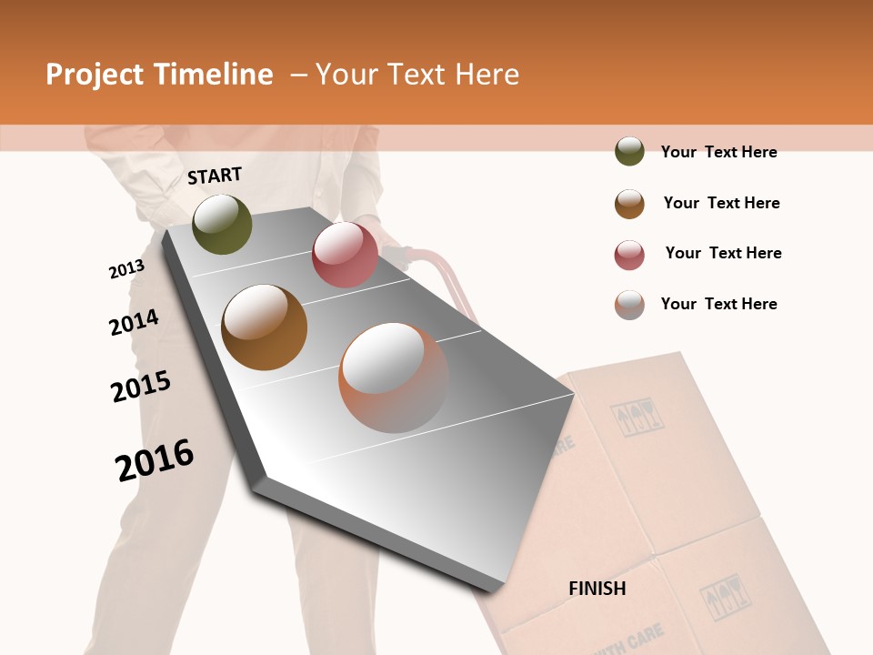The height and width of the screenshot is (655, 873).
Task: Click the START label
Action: [215, 176]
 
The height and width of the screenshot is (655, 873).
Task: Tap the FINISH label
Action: [597, 589]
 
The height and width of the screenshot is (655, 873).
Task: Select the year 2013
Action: [126, 269]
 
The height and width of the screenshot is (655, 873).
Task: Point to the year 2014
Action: [134, 322]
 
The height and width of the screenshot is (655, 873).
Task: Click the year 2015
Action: [141, 387]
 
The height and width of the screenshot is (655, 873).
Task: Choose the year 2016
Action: [155, 459]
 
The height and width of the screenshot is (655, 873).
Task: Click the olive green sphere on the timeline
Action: [223, 224]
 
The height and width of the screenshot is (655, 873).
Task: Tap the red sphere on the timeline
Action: [345, 255]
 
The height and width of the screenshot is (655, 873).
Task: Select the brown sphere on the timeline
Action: [265, 327]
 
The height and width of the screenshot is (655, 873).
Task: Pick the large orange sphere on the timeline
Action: [393, 377]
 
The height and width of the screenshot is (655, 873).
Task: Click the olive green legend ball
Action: [629, 151]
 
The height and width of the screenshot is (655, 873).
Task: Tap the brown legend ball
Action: [629, 204]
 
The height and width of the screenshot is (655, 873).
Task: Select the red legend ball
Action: [629, 255]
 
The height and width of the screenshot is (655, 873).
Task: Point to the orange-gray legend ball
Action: [629, 305]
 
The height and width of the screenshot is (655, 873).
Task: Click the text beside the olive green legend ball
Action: [718, 152]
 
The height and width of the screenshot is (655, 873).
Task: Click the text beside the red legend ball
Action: [723, 253]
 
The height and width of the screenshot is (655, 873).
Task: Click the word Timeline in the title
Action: [211, 75]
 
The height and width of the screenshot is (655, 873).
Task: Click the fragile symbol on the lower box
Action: [723, 596]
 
